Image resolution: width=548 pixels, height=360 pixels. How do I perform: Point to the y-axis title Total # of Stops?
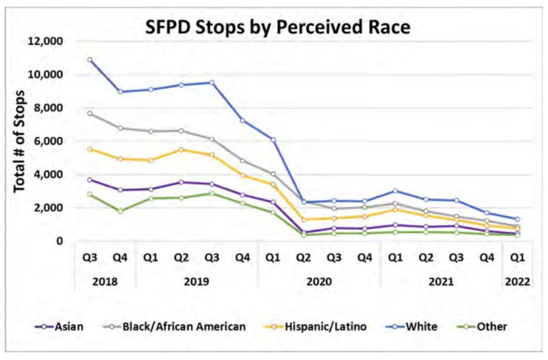(x=19, y=141)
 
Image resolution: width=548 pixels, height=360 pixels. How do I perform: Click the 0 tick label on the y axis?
(x=60, y=241)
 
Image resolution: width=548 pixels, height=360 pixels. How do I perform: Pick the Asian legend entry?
(x=68, y=326)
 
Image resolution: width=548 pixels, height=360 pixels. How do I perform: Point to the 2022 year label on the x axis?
(x=517, y=281)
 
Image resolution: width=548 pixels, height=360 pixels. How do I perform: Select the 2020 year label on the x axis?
(x=319, y=281)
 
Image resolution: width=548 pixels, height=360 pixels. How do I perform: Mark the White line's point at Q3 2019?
(x=212, y=82)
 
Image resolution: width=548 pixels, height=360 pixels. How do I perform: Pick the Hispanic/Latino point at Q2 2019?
(x=181, y=149)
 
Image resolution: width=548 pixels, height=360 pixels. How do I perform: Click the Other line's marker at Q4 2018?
(x=121, y=210)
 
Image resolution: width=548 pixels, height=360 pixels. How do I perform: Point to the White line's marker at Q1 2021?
(x=395, y=191)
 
